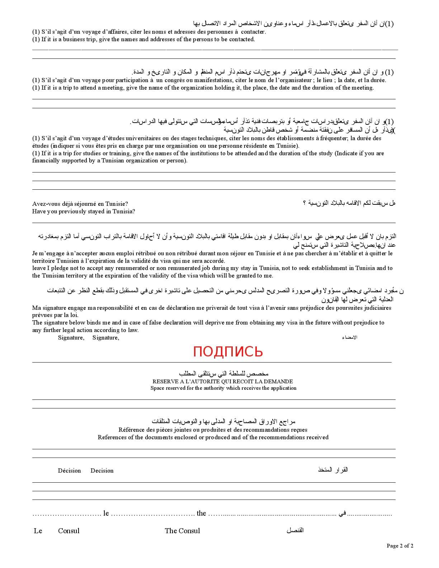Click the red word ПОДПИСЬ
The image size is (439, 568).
point(228,352)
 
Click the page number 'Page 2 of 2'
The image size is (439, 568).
point(400,546)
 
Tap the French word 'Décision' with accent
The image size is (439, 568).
point(69,470)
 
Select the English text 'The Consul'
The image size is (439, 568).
point(182,531)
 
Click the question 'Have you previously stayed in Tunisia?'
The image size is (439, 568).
point(84,211)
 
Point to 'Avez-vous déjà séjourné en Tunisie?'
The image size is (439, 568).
point(80,204)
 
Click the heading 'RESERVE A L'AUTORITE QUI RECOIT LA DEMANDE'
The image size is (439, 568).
point(223,381)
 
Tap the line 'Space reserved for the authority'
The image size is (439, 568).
point(223,388)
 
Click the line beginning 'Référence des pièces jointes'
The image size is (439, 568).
point(213,430)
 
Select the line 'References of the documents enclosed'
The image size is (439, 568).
point(213,437)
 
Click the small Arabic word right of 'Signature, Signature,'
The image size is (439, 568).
point(350,337)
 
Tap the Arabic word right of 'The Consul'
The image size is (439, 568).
point(295,530)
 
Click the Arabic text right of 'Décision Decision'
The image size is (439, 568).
point(333,470)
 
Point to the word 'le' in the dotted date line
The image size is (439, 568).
point(106,513)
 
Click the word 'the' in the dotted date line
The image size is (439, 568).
point(201,513)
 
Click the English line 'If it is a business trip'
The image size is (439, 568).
point(143,39)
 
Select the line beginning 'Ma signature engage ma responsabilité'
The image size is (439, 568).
point(212,308)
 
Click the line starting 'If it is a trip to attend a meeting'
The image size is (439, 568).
point(203,87)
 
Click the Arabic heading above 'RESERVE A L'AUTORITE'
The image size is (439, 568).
point(224,374)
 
